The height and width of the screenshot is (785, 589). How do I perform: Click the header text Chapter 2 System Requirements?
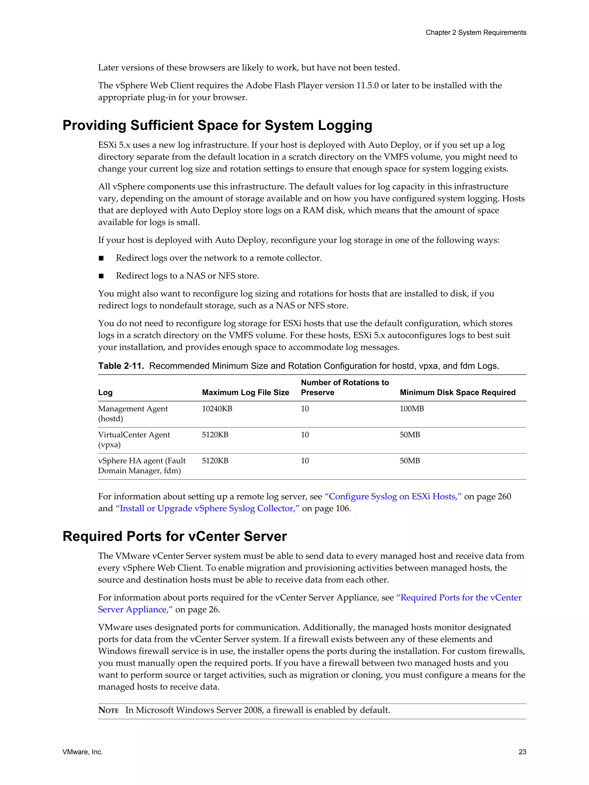(475, 33)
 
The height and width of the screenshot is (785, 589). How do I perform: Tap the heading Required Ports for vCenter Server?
(174, 536)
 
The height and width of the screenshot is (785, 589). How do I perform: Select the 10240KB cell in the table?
(217, 409)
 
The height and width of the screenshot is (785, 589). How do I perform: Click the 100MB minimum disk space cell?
(412, 409)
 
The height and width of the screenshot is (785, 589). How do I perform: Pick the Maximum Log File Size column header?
(245, 393)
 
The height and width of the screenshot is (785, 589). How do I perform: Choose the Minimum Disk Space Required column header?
(457, 393)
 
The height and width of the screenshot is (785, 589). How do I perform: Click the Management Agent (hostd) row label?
(133, 414)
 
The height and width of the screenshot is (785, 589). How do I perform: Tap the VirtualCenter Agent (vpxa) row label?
(134, 440)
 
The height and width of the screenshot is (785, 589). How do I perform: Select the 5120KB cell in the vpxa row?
(215, 435)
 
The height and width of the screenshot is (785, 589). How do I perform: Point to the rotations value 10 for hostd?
(305, 409)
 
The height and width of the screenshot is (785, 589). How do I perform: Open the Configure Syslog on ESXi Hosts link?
(393, 496)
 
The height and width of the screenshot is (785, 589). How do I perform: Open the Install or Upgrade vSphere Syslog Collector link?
(208, 508)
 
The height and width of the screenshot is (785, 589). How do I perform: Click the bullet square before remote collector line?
(101, 258)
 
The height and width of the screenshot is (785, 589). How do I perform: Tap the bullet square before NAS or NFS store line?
(101, 276)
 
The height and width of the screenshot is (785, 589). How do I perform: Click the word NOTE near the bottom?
(108, 710)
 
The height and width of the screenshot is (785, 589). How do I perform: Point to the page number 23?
(522, 752)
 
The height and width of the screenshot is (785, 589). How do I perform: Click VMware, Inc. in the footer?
(82, 752)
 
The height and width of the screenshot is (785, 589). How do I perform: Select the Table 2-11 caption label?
(121, 366)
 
